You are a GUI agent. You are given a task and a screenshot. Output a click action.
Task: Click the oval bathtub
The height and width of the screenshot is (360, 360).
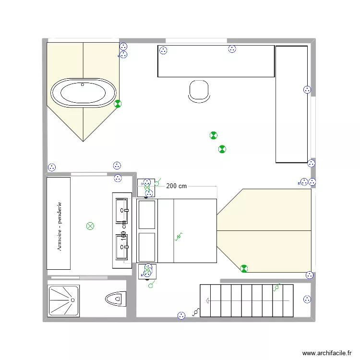(x=84, y=93)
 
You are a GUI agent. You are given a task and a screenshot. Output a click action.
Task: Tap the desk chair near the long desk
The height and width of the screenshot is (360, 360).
(x=199, y=91)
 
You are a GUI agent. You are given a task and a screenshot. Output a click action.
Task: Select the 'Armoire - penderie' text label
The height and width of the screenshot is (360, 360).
(x=60, y=226)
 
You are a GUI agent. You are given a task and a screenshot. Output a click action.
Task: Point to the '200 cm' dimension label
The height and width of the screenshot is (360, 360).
(x=176, y=186)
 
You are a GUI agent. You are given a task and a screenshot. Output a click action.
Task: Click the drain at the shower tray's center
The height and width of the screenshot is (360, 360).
(x=73, y=300)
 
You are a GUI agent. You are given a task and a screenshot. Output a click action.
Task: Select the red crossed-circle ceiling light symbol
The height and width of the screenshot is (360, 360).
(x=90, y=226)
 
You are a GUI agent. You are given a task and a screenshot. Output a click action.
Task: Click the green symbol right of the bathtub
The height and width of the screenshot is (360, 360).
(x=118, y=103)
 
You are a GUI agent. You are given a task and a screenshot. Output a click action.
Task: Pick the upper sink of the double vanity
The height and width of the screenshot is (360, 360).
(x=122, y=211)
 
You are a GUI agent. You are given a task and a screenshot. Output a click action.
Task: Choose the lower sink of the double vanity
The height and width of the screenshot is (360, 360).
(x=122, y=246)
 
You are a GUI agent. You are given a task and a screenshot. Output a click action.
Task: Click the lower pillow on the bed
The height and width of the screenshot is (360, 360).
(x=147, y=247)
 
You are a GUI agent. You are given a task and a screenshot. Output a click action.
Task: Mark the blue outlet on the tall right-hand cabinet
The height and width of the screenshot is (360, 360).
(x=307, y=89)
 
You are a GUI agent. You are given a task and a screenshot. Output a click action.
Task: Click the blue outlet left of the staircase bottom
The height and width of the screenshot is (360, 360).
(x=181, y=315)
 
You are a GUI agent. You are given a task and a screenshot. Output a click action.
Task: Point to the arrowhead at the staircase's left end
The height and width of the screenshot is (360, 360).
(x=208, y=300)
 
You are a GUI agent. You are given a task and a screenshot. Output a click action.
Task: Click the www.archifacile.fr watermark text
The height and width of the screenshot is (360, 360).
(x=327, y=353)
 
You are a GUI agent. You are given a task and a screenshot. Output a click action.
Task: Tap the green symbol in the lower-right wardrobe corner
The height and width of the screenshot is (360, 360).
(x=244, y=268)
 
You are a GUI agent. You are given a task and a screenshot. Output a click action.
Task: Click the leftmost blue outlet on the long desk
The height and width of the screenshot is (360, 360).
(x=163, y=50)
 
